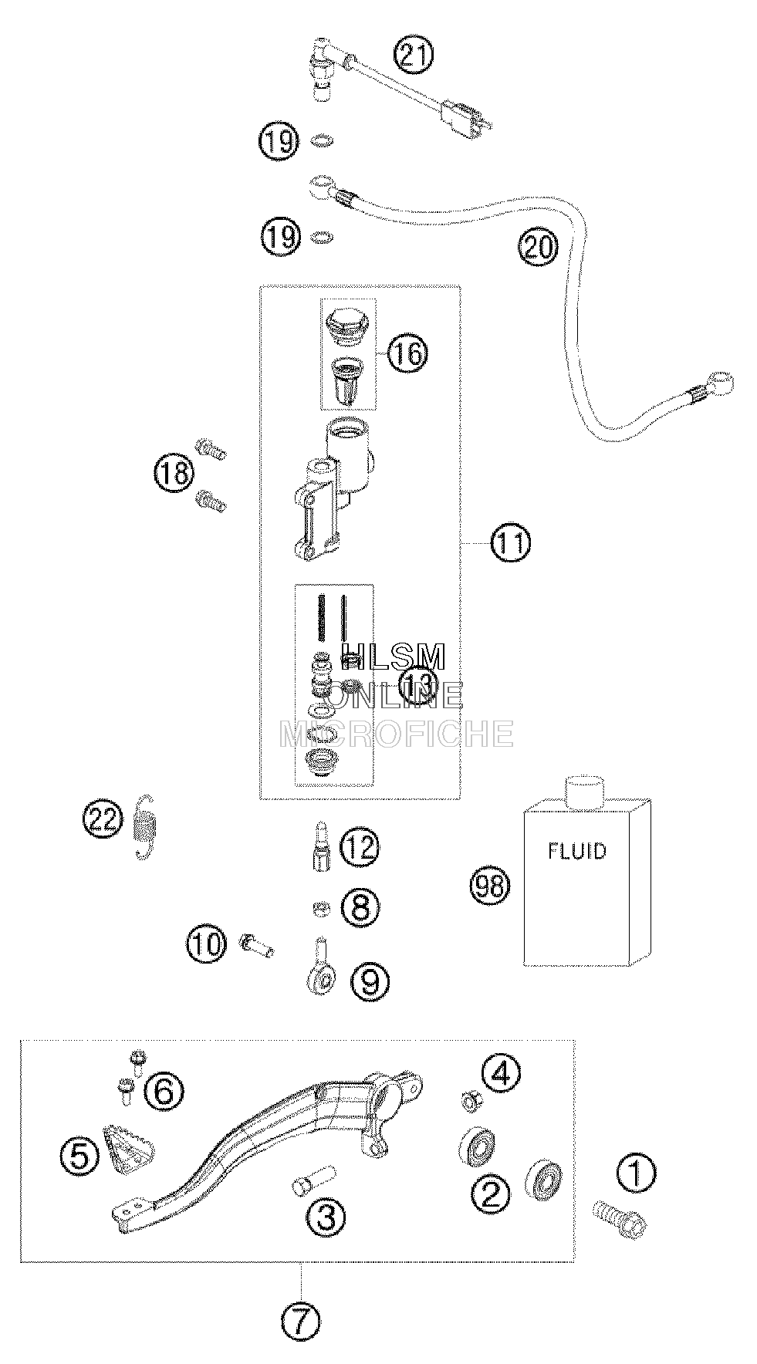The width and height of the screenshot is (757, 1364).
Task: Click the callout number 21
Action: [414, 56]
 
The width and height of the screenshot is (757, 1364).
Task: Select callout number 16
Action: [407, 353]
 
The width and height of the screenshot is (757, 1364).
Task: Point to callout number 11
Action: [512, 543]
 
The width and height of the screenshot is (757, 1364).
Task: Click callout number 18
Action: [174, 473]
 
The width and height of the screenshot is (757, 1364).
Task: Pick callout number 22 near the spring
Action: [103, 818]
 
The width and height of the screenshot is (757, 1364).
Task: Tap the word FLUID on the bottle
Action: [577, 852]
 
